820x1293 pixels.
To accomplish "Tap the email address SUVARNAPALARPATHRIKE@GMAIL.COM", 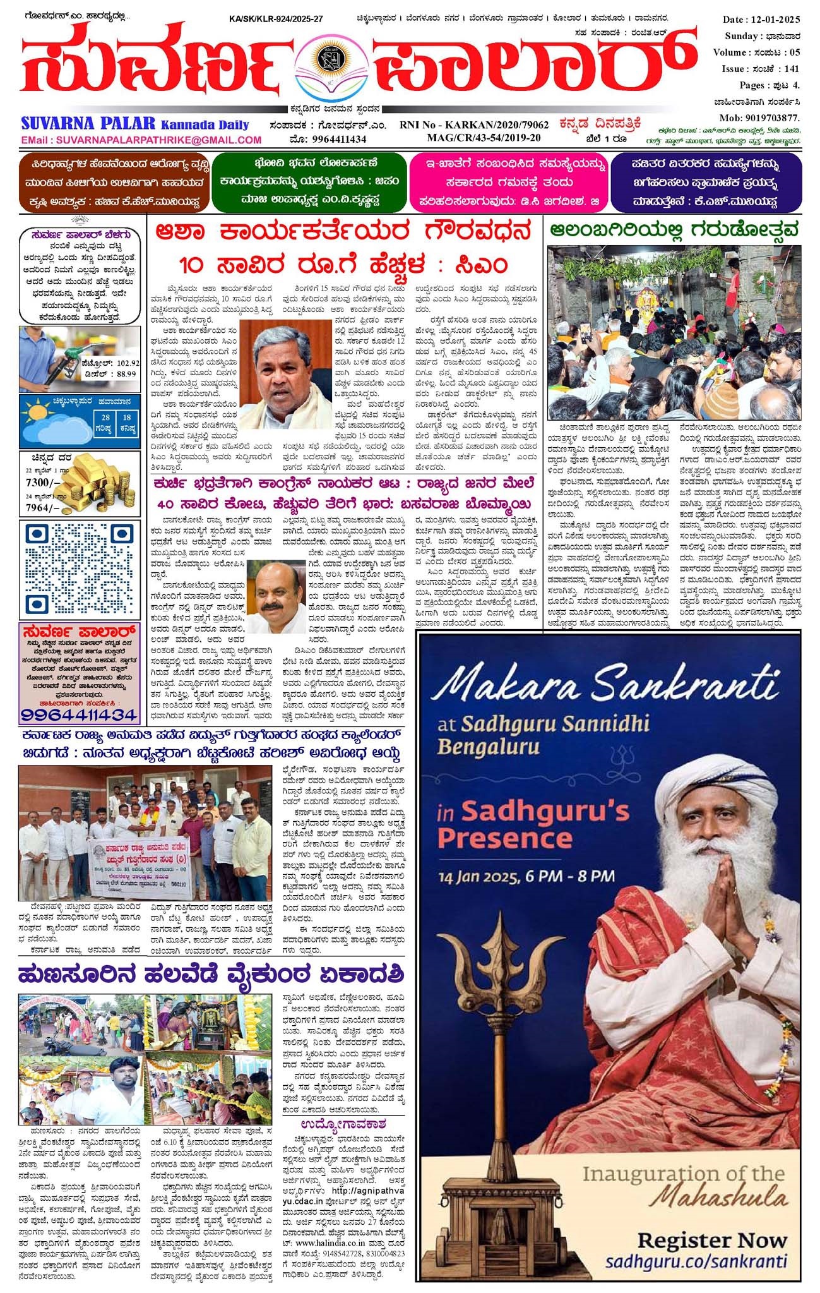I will pyautogui.click(x=158, y=140).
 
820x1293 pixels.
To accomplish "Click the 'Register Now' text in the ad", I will pyautogui.click(x=712, y=1240).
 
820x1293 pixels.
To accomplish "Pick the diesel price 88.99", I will pyautogui.click(x=123, y=373).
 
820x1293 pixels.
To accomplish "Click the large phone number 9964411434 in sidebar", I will pyautogui.click(x=79, y=715).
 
